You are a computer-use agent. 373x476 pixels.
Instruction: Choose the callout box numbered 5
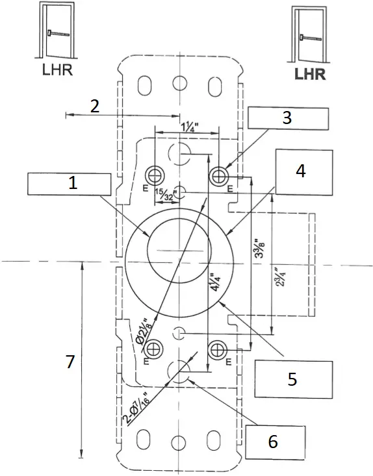tap(292, 379)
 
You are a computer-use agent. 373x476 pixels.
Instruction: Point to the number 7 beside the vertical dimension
tap(70, 362)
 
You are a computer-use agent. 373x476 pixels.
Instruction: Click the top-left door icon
tap(57, 32)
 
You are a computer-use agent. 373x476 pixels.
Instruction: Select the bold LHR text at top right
tap(310, 73)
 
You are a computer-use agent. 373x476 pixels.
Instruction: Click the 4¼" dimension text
tap(214, 284)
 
